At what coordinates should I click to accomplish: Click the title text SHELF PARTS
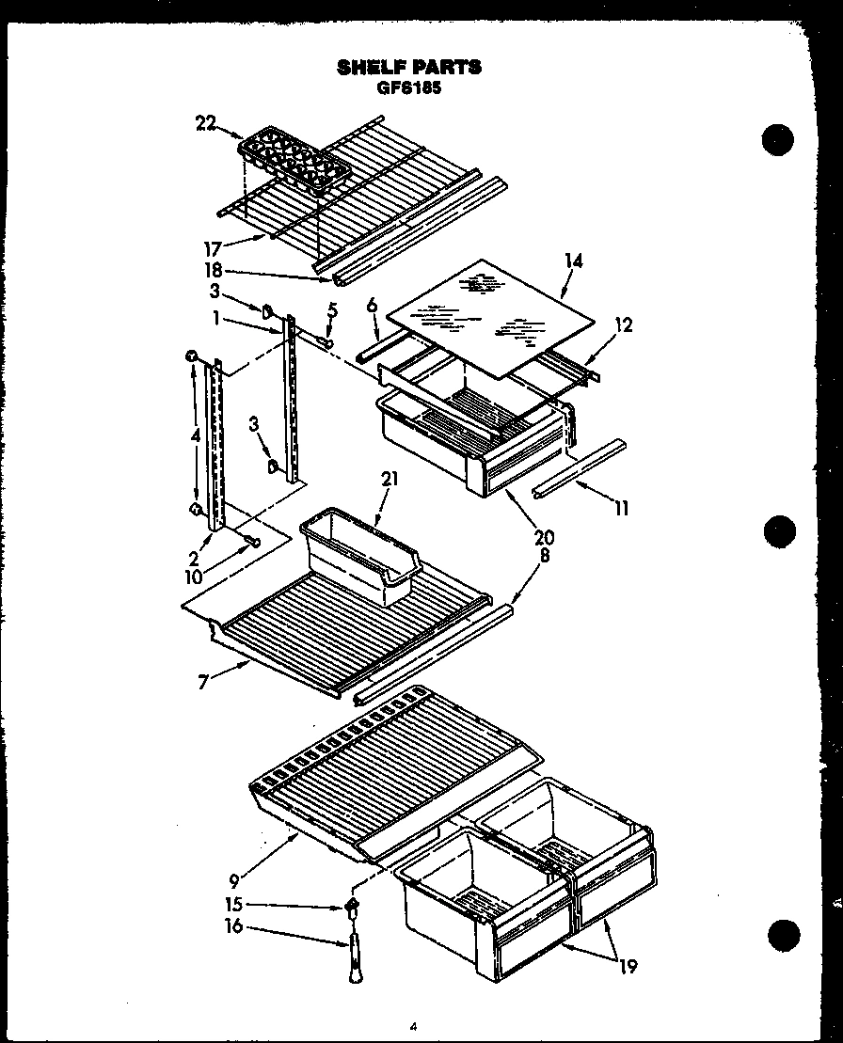click(408, 67)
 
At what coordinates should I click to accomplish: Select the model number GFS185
click(408, 87)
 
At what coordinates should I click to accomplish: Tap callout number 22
click(206, 121)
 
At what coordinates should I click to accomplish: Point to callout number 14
click(573, 261)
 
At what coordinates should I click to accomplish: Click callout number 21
click(390, 480)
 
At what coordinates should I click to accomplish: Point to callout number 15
click(231, 905)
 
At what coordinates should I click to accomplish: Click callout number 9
click(232, 881)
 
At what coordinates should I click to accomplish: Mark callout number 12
click(623, 325)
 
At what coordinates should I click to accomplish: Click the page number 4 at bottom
click(412, 1027)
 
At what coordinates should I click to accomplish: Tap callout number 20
click(545, 538)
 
